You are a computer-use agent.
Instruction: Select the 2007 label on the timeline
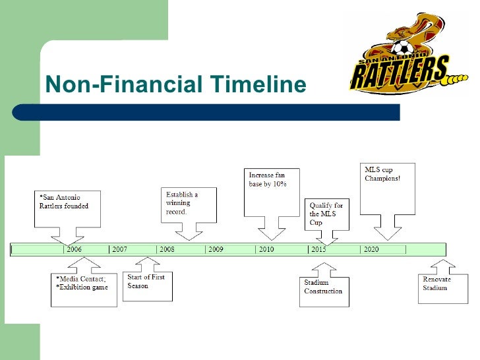pos(120,250)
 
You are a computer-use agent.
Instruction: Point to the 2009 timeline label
pos(216,250)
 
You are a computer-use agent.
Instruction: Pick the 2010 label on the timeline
pos(266,250)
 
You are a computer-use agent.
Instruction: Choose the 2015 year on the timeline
pos(318,250)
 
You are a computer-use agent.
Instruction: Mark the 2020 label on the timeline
pos(371,250)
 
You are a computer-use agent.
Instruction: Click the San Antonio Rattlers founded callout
pos(67,206)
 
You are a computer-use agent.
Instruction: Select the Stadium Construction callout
pos(324,288)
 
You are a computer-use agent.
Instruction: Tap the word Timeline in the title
pos(258,85)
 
